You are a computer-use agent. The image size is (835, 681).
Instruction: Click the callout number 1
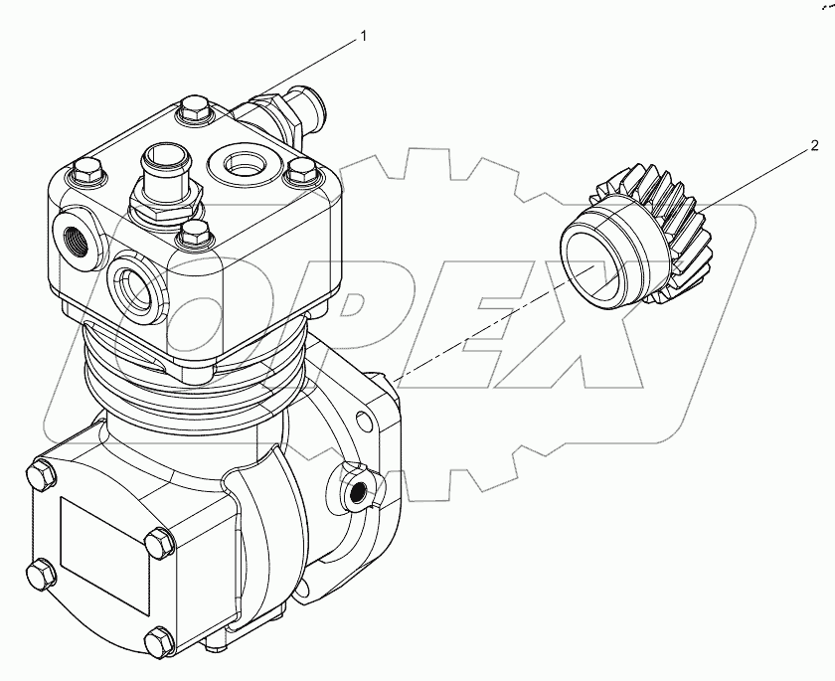364,37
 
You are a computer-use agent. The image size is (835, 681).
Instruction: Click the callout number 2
814,146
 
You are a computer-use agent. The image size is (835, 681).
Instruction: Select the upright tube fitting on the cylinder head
165,174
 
